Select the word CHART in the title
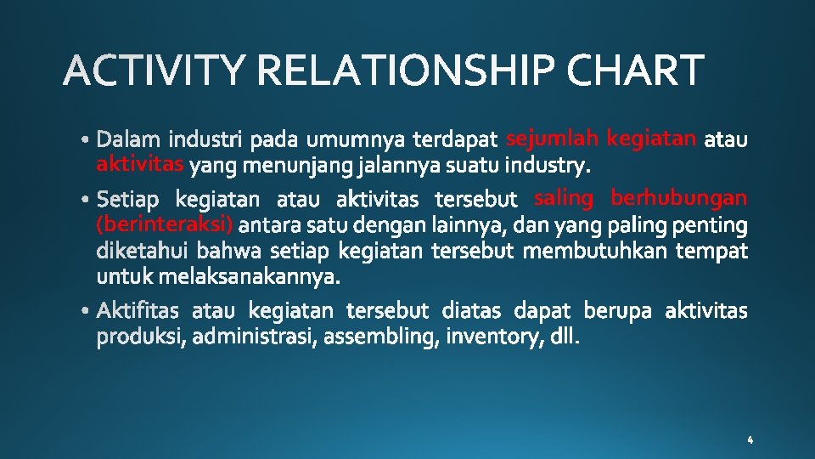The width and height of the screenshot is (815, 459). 636,71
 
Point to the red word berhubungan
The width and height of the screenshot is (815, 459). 679,198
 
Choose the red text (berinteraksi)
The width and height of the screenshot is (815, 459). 166,224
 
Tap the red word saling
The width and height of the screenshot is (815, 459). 564,198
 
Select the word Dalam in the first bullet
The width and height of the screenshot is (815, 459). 129,138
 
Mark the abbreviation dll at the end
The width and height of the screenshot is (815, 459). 564,337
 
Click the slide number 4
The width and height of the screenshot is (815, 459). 750,440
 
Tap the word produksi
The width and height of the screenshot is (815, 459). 141,338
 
